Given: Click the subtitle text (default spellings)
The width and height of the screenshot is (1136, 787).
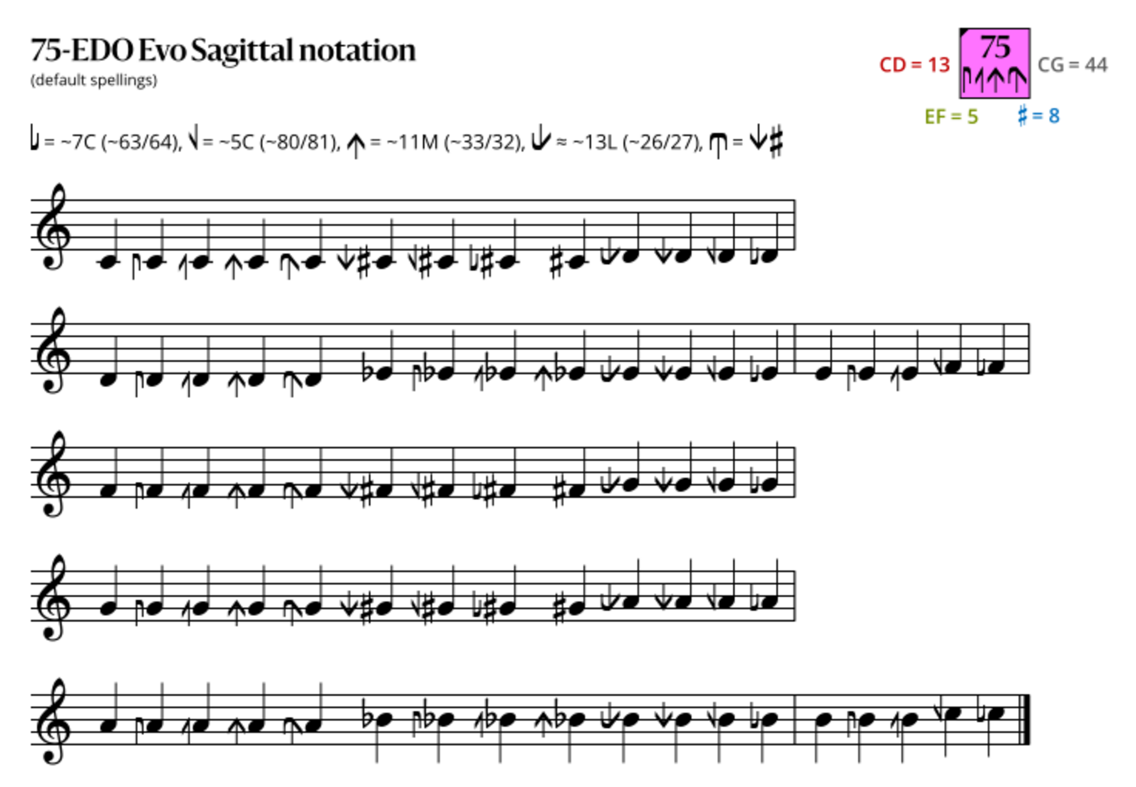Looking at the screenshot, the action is pyautogui.click(x=94, y=80).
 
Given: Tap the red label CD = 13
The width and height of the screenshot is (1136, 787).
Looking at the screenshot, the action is pyautogui.click(x=915, y=65).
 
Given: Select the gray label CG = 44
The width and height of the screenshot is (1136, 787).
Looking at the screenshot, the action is pyautogui.click(x=1073, y=65).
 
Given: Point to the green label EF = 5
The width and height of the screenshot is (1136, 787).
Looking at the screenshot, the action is pyautogui.click(x=951, y=116).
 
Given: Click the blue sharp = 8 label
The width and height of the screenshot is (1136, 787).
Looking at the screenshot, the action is pyautogui.click(x=1039, y=115).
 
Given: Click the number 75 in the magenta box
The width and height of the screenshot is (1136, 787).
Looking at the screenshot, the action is pyautogui.click(x=995, y=47).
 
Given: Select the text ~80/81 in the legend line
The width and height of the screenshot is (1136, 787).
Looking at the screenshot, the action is pyautogui.click(x=298, y=142).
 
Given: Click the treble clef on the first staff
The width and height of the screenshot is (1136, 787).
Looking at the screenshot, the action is pyautogui.click(x=53, y=227).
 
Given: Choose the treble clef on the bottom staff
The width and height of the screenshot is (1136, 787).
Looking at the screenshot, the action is pyautogui.click(x=53, y=721).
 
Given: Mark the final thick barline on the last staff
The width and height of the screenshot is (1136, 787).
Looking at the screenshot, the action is pyautogui.click(x=1027, y=720).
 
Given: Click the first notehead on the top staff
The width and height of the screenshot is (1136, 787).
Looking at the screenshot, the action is pyautogui.click(x=108, y=263).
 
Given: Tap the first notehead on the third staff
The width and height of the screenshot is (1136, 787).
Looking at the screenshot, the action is pyautogui.click(x=108, y=490).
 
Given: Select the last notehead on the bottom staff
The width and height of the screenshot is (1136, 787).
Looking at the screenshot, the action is pyautogui.click(x=996, y=713).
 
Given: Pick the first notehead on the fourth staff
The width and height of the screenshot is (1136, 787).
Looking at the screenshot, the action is pyautogui.click(x=108, y=609).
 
